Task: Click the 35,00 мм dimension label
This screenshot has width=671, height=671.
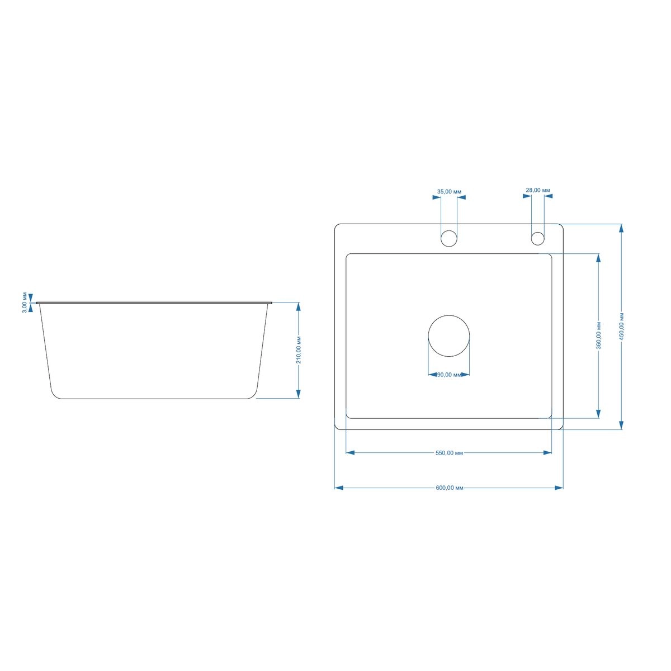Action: (449, 192)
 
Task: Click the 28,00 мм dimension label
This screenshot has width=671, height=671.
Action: (537, 190)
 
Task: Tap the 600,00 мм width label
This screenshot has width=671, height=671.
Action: (450, 488)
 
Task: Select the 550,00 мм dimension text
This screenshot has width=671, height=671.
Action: (449, 453)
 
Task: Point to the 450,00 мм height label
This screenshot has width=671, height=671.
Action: (622, 326)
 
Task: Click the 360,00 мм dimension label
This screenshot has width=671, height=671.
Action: (598, 335)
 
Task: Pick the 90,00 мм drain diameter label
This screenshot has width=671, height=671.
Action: (449, 375)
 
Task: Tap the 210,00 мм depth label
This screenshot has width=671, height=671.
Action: (299, 350)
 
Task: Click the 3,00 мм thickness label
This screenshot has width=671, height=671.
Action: (25, 303)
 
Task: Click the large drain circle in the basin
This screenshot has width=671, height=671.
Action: (449, 315)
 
